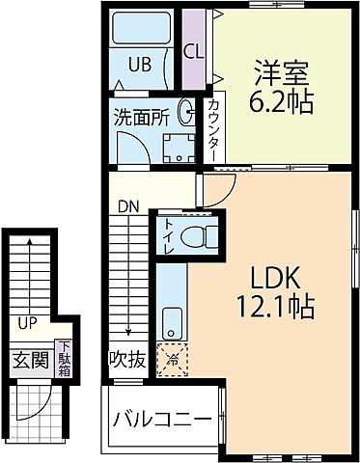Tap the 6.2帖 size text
click(283, 101)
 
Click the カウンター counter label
click(212, 130)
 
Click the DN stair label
click(127, 205)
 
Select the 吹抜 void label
click(127, 361)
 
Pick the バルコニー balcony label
click(161, 420)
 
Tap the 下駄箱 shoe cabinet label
click(63, 360)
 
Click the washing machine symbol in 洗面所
click(176, 149)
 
